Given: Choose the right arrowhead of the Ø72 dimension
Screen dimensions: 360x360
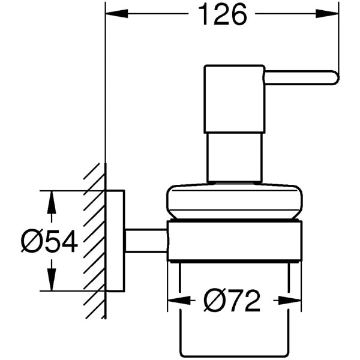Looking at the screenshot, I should (293, 300).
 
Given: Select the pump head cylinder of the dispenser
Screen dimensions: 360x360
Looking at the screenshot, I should (234, 99).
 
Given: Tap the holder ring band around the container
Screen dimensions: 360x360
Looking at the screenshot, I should (234, 241).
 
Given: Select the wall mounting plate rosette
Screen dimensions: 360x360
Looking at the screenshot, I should (115, 241).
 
